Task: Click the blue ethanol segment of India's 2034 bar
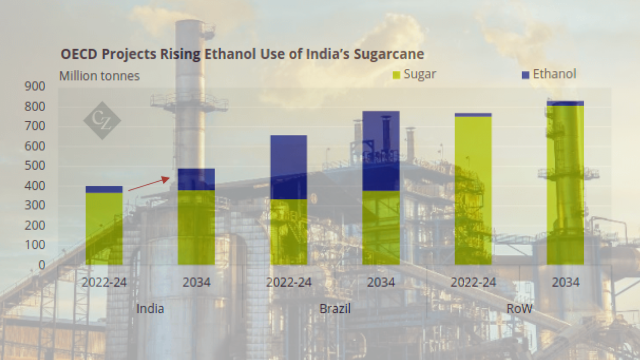pos(196,179)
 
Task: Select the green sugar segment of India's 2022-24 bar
pos(104,229)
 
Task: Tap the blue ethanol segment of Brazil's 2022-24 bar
pos(289,167)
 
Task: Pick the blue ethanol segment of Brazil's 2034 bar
pos(381,151)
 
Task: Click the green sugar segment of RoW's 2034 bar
pos(565,185)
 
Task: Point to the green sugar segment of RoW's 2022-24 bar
pos(473,190)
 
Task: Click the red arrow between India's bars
pos(149,184)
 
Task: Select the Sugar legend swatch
pos(396,75)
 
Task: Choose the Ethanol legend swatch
pos(525,75)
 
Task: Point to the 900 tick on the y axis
pos(35,86)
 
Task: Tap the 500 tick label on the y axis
pos(35,166)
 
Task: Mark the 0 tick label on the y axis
pos(42,265)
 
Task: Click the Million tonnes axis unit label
pos(99,76)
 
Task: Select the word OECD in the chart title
pos(79,54)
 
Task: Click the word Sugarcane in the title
pos(389,54)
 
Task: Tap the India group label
pos(150,309)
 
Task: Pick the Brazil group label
pos(335,309)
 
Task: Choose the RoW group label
pos(519,309)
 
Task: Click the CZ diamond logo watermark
pos(102,120)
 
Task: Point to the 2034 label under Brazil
pos(381,282)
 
